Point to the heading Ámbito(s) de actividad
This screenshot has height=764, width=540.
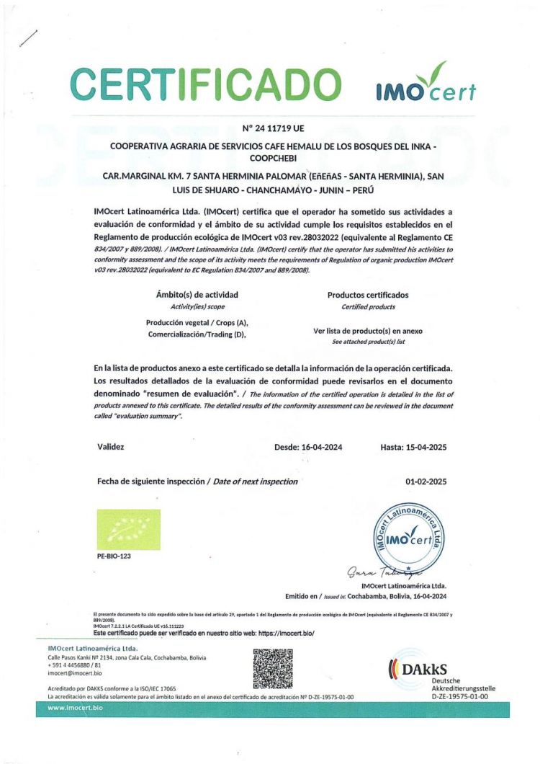tap(197, 295)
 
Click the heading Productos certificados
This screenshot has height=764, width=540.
tap(368, 295)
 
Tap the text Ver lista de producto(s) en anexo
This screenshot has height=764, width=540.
tap(368, 331)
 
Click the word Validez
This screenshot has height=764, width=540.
tap(110, 447)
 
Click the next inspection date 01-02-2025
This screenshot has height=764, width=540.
tap(426, 481)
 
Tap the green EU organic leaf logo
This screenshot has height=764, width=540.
tap(128, 530)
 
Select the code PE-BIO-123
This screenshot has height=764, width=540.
tap(114, 557)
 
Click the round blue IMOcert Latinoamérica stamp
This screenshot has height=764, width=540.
tap(408, 538)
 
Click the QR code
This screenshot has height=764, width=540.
tap(274, 668)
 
